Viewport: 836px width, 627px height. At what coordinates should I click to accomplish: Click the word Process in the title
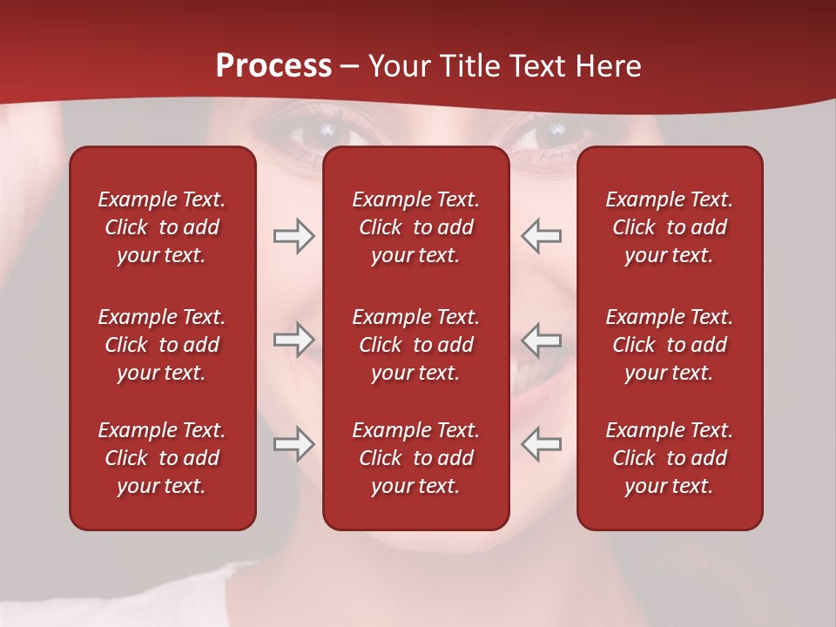(273, 66)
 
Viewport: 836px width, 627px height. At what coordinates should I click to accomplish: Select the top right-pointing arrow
(293, 236)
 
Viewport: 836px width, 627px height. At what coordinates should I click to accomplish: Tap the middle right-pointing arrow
(293, 339)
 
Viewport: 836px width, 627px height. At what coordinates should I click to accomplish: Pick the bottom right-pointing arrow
(293, 444)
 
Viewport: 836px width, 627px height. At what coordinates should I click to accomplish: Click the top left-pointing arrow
(542, 236)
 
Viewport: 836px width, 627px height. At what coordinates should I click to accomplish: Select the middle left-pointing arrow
(542, 339)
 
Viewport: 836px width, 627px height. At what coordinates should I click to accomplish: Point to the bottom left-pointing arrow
(542, 444)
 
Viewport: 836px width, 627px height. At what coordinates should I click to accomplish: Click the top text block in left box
(162, 227)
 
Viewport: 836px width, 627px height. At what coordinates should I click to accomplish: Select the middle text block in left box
(162, 345)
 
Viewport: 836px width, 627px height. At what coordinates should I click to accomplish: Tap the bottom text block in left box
(162, 458)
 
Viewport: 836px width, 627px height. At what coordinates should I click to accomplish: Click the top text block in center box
(415, 227)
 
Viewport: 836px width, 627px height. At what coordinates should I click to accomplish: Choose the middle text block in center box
(415, 345)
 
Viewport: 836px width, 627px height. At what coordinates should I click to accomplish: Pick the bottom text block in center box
(415, 458)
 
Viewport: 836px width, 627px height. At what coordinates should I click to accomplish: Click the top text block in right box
(669, 227)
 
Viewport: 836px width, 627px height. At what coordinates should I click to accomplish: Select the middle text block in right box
(669, 345)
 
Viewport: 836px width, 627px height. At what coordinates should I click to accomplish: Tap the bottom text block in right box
(669, 458)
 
